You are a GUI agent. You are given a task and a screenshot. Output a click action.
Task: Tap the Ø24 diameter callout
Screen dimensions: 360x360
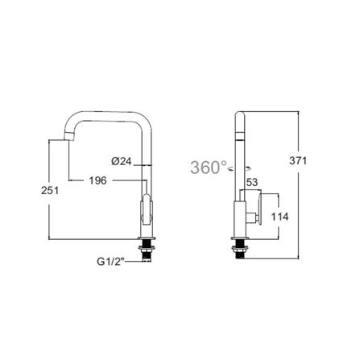[122, 161]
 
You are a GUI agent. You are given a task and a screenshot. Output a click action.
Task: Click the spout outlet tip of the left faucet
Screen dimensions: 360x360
[67, 137]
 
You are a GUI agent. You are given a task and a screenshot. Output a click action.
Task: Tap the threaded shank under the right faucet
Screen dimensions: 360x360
[240, 249]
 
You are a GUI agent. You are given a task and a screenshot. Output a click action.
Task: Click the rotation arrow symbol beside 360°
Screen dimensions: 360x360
[231, 169]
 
